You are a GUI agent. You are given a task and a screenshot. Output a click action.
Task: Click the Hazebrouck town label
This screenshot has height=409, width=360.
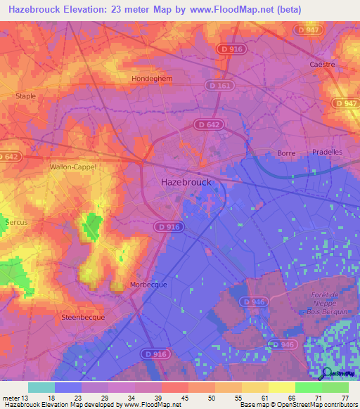[186, 181]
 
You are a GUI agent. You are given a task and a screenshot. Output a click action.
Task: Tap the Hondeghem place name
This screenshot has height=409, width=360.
[152, 79]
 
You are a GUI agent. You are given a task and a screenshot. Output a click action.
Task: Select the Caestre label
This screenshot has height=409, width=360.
[322, 64]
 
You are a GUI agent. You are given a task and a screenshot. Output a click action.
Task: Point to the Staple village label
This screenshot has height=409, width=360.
[25, 96]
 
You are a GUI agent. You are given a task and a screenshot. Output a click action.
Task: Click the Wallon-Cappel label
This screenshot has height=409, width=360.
[72, 167]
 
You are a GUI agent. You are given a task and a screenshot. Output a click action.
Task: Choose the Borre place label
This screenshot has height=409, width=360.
[286, 152]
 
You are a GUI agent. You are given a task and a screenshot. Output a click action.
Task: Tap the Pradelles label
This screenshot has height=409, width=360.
[326, 152]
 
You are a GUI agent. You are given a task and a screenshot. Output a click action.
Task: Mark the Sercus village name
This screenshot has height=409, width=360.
[16, 222]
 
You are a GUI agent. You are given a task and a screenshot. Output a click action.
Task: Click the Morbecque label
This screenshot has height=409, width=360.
[148, 285]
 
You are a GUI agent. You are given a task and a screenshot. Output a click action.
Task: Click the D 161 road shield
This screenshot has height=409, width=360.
[219, 85]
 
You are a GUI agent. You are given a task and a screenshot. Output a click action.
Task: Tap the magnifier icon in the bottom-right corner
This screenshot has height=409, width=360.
[326, 373]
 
